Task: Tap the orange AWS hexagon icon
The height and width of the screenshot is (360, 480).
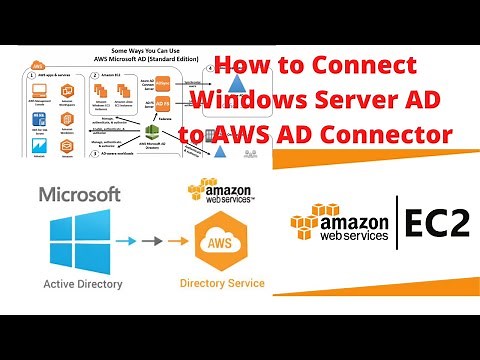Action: point(222,241)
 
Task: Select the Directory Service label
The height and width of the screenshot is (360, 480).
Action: point(222,284)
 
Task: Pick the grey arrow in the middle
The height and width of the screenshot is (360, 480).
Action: point(156,241)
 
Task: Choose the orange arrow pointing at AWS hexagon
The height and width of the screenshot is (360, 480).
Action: point(178,241)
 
